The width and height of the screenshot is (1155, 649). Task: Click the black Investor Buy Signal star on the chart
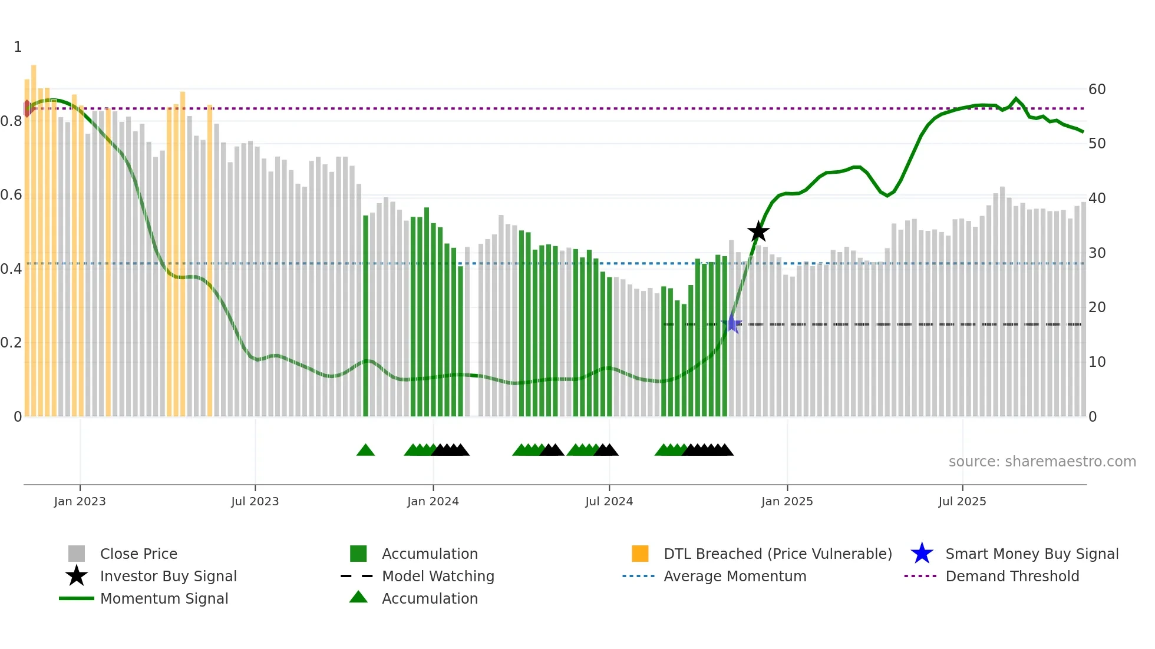(758, 232)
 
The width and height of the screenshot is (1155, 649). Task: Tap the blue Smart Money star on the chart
(731, 323)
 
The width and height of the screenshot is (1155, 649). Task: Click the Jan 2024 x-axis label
(433, 501)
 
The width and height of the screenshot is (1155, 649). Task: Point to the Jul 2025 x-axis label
(962, 501)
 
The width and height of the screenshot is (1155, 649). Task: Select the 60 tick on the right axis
(1097, 90)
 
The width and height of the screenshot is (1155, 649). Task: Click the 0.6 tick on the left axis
(11, 195)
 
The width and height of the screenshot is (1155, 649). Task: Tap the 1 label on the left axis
(18, 47)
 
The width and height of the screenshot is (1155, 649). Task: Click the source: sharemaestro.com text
(1042, 462)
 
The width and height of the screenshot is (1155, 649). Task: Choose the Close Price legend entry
(138, 554)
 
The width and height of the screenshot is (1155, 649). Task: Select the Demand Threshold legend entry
(1012, 576)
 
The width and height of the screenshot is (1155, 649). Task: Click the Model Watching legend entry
(438, 576)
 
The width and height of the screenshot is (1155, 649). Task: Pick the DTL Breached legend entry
(777, 554)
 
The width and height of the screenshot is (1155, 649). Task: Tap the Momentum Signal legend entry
(164, 598)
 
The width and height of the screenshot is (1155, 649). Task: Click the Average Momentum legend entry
(734, 576)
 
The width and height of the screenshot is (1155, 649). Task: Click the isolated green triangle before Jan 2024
(365, 451)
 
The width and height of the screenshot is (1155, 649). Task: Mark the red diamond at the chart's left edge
(27, 108)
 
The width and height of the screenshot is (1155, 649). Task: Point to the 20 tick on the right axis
(1097, 307)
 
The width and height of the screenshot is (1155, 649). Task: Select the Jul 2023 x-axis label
(255, 501)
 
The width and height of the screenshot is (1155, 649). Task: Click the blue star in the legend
(922, 554)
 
